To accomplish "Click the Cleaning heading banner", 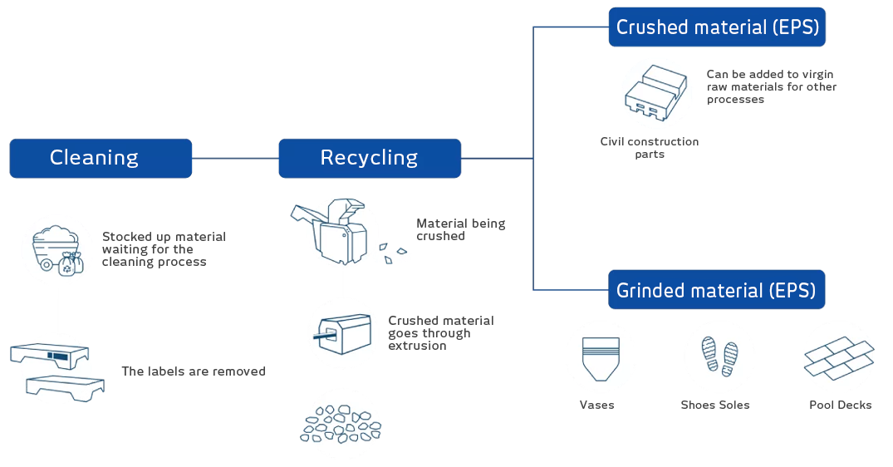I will (94, 158).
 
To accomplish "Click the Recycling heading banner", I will (369, 158).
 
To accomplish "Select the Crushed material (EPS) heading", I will (717, 27).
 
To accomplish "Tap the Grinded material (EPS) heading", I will (715, 291).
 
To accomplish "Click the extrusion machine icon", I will (342, 332).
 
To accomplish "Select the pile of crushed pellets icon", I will (342, 425).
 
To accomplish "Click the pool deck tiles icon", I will (839, 360).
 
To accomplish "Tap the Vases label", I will (596, 406).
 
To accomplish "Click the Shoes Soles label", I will (714, 406).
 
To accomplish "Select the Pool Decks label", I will (840, 406).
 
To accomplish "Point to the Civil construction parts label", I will (650, 148).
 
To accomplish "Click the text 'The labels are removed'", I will (193, 371).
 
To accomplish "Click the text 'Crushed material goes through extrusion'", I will (440, 333).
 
